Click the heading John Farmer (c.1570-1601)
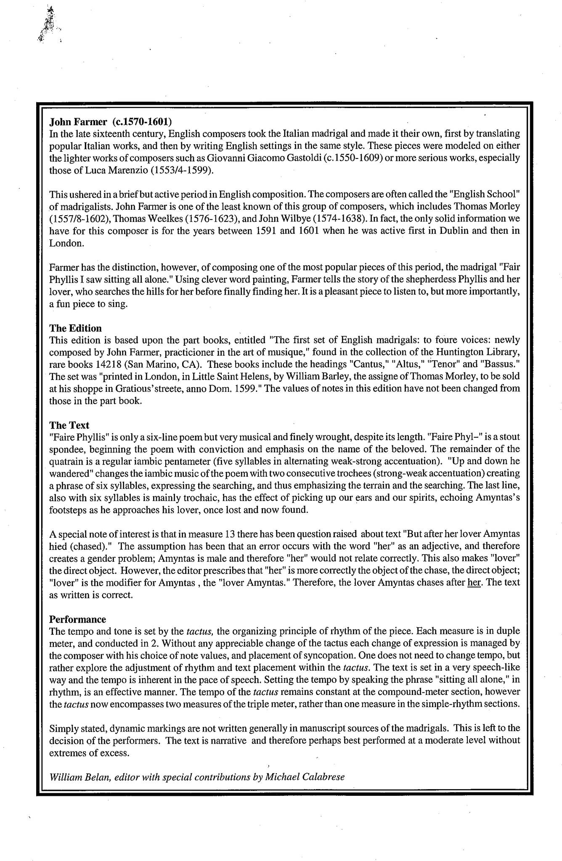coord(111,122)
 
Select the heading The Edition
coord(75,327)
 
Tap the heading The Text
coord(69,425)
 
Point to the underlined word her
coord(474,583)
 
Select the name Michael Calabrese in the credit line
coord(305,777)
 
